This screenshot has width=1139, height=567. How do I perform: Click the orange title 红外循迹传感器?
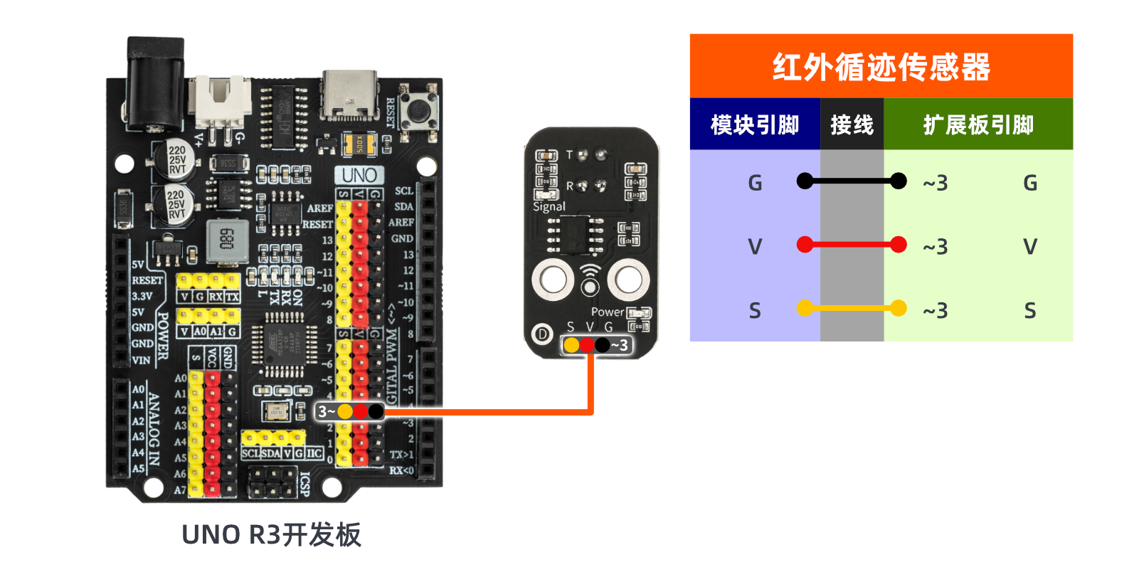click(x=881, y=67)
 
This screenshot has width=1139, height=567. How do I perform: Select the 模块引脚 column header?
click(x=755, y=124)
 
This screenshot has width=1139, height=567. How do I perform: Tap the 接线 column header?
click(x=852, y=124)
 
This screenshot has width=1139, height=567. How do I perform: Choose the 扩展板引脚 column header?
click(x=978, y=124)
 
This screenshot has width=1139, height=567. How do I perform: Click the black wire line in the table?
click(x=852, y=181)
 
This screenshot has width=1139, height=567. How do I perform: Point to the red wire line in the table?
click(x=852, y=245)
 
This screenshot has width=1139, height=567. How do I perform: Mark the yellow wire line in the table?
click(x=852, y=308)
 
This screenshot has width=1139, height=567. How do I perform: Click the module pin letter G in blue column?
click(x=755, y=184)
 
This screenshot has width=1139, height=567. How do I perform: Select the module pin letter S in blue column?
click(x=755, y=311)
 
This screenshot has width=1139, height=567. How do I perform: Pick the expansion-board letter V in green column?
click(x=1029, y=247)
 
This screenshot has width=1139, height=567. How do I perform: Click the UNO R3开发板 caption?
click(x=271, y=535)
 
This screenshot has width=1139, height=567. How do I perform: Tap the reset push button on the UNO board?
click(x=418, y=111)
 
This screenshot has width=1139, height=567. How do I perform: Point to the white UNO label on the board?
click(x=359, y=175)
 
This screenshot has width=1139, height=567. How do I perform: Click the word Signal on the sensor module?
click(x=549, y=207)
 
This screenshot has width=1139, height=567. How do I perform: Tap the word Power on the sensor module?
click(x=607, y=312)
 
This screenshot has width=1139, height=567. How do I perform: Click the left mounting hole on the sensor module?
click(x=553, y=278)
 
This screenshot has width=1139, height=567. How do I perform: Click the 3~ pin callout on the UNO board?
click(x=326, y=411)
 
